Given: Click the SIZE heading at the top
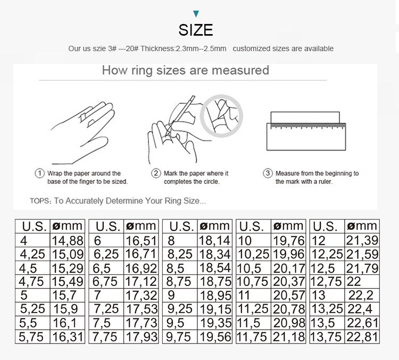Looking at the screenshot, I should click(x=196, y=30).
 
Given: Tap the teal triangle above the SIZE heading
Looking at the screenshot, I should click(x=196, y=14).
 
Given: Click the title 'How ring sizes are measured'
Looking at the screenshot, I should click(x=185, y=70).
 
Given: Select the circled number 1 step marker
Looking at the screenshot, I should click(x=39, y=174).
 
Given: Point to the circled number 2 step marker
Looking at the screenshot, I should click(x=156, y=174).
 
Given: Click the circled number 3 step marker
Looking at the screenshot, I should click(x=268, y=174).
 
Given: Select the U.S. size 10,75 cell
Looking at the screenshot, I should click(x=253, y=281).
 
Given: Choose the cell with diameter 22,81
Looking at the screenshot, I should click(x=362, y=336).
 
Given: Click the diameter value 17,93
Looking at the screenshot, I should click(x=142, y=336).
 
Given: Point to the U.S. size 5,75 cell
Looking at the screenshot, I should click(x=32, y=336).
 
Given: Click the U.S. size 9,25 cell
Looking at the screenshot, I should click(x=179, y=309).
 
